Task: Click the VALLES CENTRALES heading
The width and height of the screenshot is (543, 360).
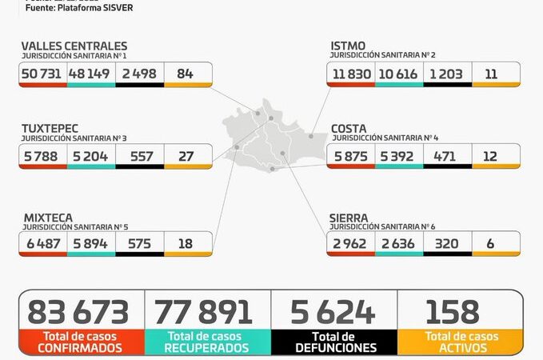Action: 74,46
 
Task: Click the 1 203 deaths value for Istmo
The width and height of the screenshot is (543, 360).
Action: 447,74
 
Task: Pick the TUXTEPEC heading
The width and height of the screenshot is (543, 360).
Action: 50,128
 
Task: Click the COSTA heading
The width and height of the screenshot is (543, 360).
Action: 349,128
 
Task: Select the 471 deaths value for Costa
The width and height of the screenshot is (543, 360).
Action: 447,156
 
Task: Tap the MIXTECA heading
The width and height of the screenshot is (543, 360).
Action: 47,217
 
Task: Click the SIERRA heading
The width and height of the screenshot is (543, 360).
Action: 349,217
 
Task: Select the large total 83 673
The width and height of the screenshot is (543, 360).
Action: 78,312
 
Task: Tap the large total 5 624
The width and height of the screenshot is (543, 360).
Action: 334,312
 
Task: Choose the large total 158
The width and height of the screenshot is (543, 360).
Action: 453,312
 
